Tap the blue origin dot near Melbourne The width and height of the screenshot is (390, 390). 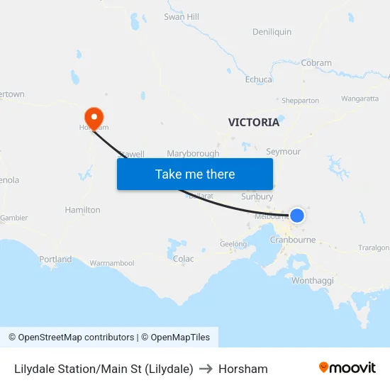click(x=297, y=215)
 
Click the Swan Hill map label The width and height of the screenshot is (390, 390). click(x=182, y=16)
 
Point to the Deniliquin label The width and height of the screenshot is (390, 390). click(x=272, y=32)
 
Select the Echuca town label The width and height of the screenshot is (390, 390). click(x=258, y=79)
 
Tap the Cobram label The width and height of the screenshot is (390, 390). click(x=316, y=62)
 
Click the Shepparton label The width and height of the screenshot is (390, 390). click(x=300, y=101)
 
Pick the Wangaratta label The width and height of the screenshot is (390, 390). click(x=360, y=99)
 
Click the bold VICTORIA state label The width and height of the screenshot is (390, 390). click(x=253, y=122)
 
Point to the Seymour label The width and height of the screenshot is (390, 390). click(x=283, y=152)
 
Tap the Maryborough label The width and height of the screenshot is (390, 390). click(x=193, y=153)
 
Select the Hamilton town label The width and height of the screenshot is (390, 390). click(x=82, y=210)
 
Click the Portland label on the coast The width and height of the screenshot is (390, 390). click(x=55, y=260)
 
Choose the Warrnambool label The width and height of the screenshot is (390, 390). click(x=111, y=263)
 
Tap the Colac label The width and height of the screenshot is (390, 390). click(x=183, y=259)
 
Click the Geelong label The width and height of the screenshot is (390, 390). click(x=233, y=244)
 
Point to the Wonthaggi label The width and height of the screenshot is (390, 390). click(x=312, y=281)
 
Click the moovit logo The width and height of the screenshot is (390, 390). click(x=347, y=368)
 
